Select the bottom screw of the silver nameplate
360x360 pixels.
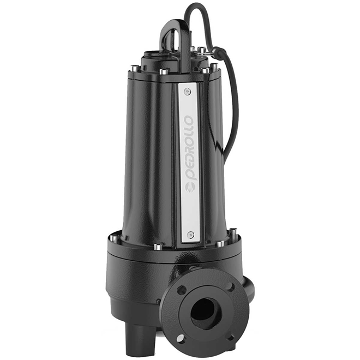click(190, 234)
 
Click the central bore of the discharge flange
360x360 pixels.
click(206, 313)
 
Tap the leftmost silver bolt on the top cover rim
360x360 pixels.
click(132, 69)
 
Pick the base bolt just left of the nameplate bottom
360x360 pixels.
click(157, 247)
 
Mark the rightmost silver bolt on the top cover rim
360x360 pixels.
click(214, 68)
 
